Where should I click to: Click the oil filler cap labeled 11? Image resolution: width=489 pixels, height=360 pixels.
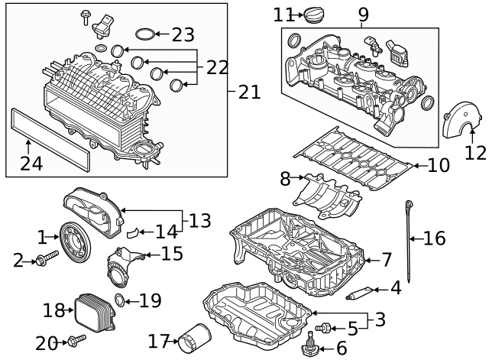[x=314, y=15]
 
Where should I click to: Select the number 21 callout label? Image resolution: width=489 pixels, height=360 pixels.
[x=249, y=92]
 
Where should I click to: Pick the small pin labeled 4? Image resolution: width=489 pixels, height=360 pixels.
[x=359, y=291]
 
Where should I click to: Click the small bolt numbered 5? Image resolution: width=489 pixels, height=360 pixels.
[x=325, y=328]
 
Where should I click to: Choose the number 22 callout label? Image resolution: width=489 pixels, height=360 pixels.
[x=217, y=68]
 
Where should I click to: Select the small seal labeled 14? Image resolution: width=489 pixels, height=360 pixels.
[x=131, y=231]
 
